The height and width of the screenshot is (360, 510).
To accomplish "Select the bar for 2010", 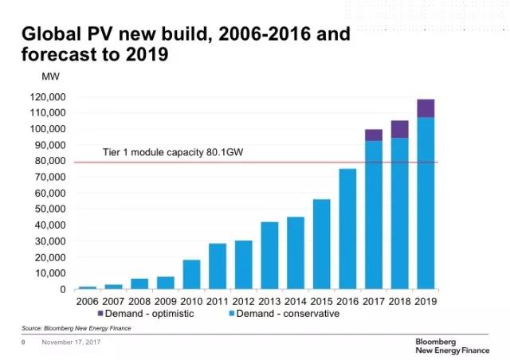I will coord(191,274).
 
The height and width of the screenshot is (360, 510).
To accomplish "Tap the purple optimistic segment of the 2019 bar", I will coord(426,108).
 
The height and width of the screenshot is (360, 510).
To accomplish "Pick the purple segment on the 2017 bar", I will coord(374,135).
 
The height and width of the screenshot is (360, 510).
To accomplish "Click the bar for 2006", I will coord(88,288).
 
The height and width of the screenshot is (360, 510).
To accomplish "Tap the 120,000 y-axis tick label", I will coord(48,97).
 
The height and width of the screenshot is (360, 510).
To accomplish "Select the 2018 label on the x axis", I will coord(399,301).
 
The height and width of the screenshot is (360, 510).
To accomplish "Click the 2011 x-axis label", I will coord(218,301).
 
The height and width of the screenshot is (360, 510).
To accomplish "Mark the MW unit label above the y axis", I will coord(49,76).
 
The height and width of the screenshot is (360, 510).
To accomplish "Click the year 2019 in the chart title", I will coord(147,56).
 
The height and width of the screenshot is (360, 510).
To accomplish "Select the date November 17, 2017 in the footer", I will coord(71,343).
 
